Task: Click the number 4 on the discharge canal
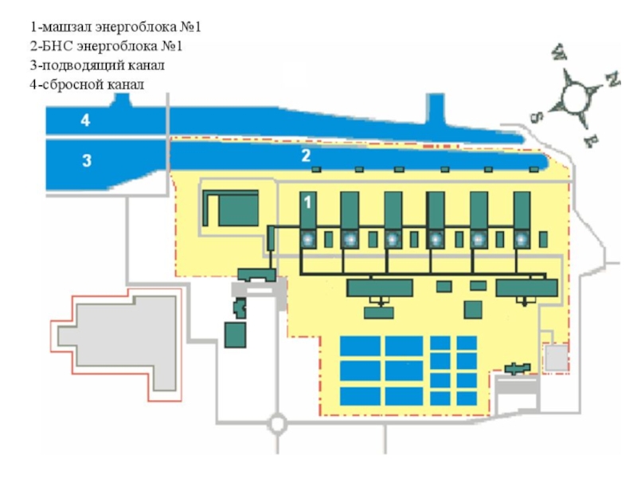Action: (85, 121)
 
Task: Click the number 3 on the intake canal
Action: (87, 161)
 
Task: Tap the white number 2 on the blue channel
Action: (305, 156)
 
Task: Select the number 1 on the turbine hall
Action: (307, 204)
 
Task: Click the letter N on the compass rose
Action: (612, 79)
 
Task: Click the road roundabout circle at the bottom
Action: (277, 424)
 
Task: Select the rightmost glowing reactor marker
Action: (521, 239)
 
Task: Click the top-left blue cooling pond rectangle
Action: (360, 346)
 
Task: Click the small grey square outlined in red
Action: (555, 358)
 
